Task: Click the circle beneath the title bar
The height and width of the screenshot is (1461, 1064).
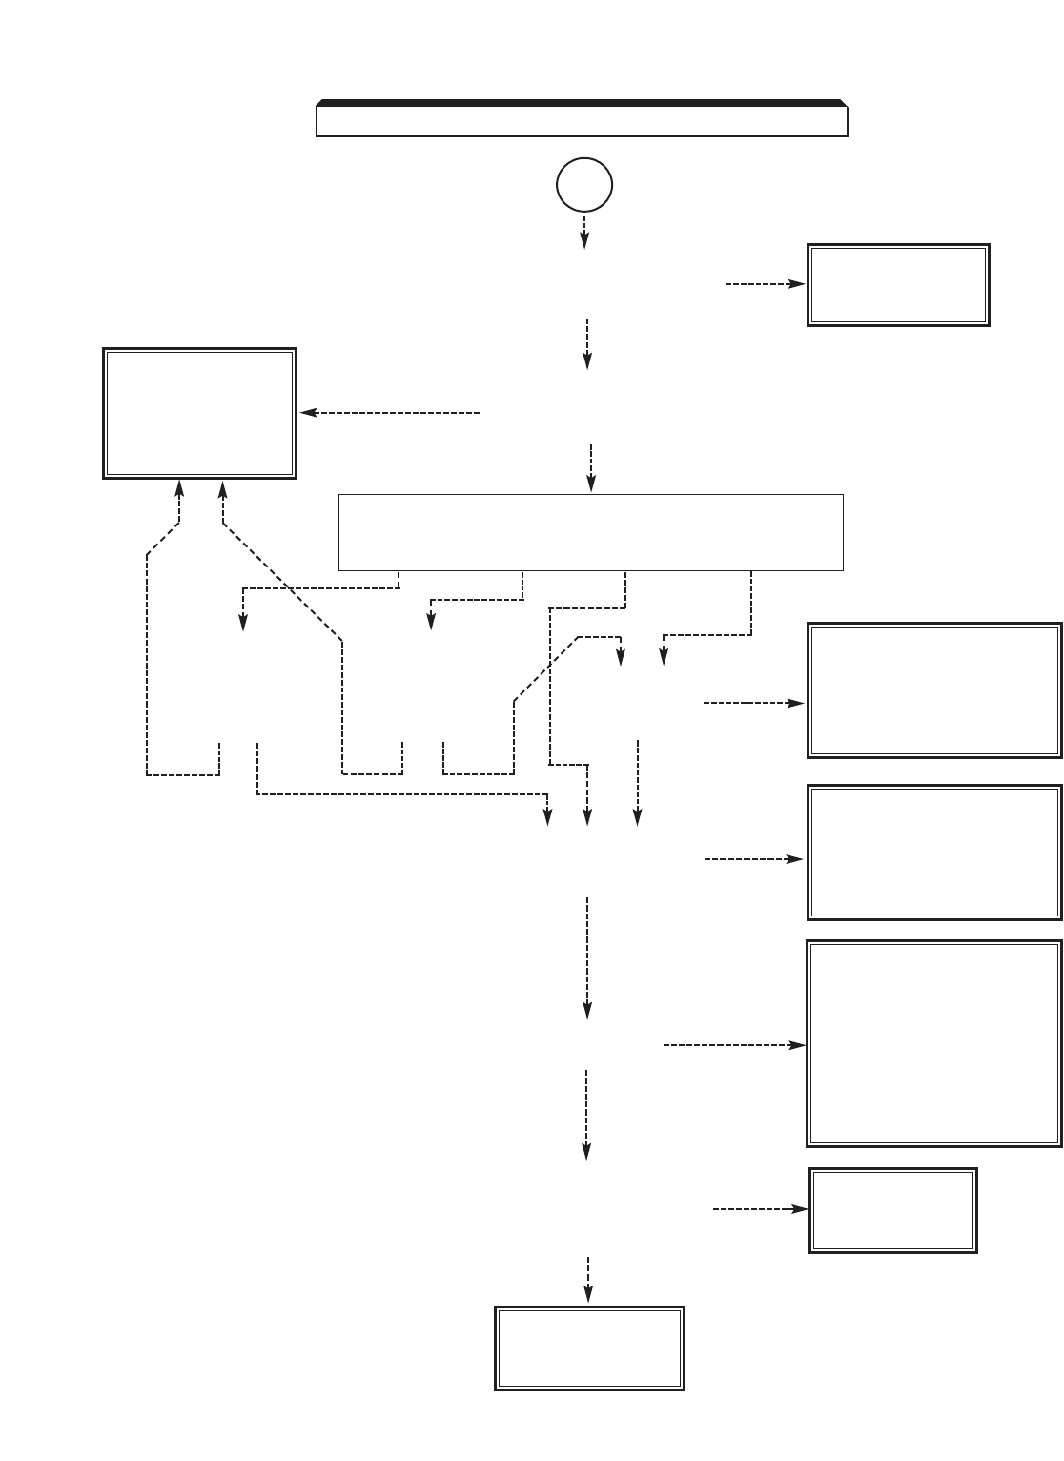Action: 583,185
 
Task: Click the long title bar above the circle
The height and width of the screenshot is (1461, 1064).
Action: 582,120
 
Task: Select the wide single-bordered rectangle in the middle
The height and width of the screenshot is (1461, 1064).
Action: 591,532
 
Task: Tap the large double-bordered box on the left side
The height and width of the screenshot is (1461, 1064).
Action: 199,413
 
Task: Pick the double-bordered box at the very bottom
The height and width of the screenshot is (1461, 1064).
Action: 589,1348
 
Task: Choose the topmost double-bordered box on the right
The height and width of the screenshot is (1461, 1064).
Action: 898,285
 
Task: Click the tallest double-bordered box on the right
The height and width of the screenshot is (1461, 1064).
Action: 934,1043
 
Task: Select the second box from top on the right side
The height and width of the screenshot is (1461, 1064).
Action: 934,690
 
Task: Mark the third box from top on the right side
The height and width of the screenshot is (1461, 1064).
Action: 934,852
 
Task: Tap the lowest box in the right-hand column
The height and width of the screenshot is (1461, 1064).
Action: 893,1209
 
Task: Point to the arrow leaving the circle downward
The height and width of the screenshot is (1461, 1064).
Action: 583,232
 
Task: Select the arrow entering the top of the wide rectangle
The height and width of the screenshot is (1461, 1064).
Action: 592,467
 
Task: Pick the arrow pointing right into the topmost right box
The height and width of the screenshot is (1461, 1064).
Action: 765,284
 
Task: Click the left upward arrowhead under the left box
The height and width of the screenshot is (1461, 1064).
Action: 179,488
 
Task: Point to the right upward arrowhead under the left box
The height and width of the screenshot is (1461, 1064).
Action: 223,488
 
